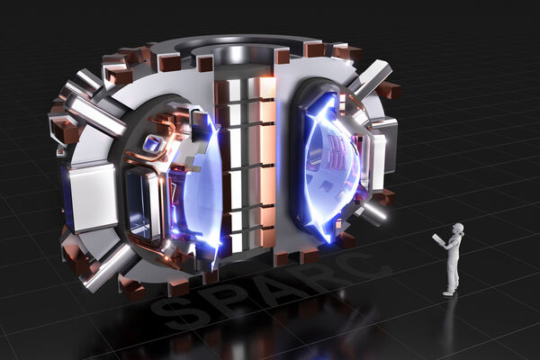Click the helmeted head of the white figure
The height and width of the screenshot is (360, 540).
pyautogui.click(x=458, y=229)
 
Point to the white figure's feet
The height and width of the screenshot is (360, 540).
pyautogui.click(x=450, y=292)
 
